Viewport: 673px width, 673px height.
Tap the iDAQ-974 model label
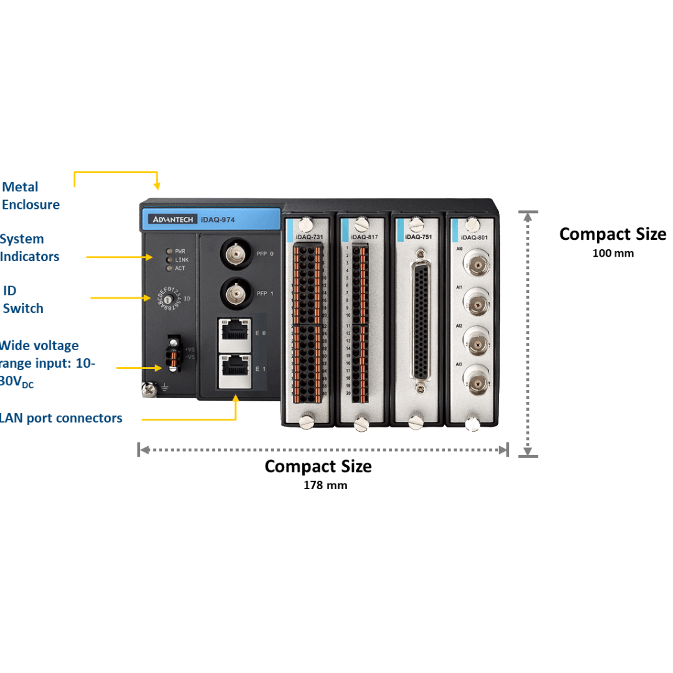217,219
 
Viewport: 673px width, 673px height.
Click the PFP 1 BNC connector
236,292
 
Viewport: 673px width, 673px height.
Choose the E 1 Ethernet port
233,368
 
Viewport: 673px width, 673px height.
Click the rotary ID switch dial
168,300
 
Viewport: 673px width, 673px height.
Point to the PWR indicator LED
168,251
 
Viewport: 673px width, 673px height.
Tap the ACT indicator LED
168,269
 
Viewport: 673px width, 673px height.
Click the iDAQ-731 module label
310,237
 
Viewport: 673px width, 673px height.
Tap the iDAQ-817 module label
365,237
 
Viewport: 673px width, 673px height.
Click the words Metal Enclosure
31,196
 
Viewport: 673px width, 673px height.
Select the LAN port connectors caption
61,418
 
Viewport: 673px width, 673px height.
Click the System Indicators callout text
30,247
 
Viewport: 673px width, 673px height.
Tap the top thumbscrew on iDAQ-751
416,224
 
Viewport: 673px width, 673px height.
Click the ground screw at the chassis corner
148,389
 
